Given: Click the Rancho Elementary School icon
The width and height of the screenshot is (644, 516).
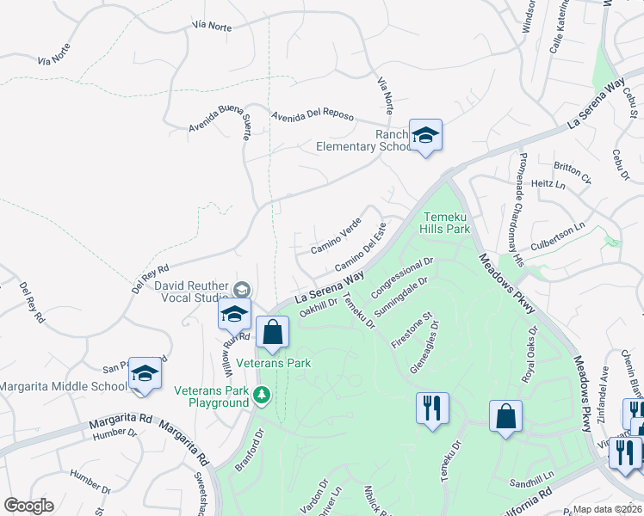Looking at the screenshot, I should [x=425, y=136].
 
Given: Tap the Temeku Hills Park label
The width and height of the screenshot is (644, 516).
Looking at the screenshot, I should [x=445, y=223].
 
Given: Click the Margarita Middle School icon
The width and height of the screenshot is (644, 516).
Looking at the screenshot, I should [x=146, y=374].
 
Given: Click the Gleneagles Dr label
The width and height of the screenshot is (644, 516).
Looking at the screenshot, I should [x=425, y=348].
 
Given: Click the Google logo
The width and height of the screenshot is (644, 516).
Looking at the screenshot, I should [x=29, y=506].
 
